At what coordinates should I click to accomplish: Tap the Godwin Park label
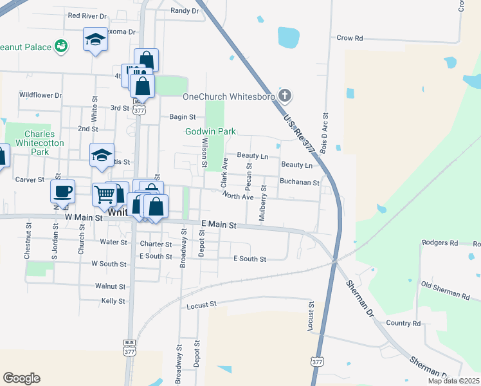pyautogui.click(x=211, y=131)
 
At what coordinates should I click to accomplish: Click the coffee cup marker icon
pyautogui.click(x=63, y=191)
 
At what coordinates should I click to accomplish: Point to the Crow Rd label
pyautogui.click(x=350, y=38)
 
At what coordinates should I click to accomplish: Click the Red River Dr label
pyautogui.click(x=88, y=15)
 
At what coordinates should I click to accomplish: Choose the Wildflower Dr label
pyautogui.click(x=40, y=95)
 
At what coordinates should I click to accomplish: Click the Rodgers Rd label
pyautogui.click(x=440, y=243)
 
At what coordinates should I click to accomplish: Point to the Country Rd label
pyautogui.click(x=403, y=323)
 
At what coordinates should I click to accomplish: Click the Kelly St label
pyautogui.click(x=113, y=300)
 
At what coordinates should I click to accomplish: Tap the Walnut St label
pyautogui.click(x=110, y=286)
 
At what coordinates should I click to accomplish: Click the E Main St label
pyautogui.click(x=219, y=225)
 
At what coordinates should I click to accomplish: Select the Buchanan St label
pyautogui.click(x=300, y=182)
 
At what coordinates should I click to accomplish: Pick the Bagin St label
pyautogui.click(x=182, y=116)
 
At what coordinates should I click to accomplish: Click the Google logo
pyautogui.click(x=21, y=378)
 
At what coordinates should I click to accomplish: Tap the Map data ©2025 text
pyautogui.click(x=453, y=381)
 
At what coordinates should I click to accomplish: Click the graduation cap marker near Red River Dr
pyautogui.click(x=95, y=40)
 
